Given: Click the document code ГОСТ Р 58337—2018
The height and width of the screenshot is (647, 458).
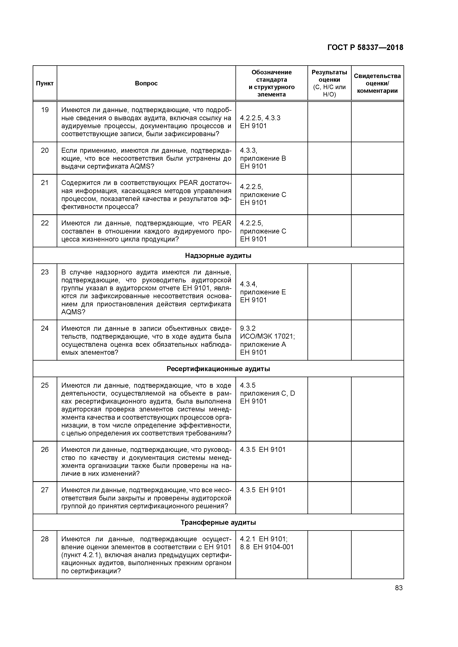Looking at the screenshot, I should coord(365,47).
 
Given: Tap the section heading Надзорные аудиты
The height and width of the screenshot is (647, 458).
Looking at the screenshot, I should coord(218,256).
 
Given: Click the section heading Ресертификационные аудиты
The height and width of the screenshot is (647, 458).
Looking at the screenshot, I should coord(218,369).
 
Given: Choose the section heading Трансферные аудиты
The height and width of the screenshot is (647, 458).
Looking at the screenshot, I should coord(218,523).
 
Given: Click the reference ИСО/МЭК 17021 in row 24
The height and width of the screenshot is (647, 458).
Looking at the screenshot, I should coord(267,336).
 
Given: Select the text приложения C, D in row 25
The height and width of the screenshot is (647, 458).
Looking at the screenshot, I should coord(267,393).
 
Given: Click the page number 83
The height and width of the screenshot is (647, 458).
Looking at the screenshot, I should coord(399,588).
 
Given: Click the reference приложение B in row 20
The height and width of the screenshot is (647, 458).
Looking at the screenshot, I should coord(263,158).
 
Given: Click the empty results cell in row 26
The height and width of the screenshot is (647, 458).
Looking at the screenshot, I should coord(329,461).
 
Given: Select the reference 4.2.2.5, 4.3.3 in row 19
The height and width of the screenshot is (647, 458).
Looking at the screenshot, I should coord(260,118).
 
